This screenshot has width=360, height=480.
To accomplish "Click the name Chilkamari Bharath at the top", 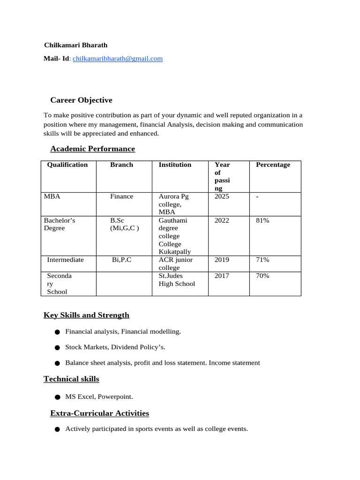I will pyautogui.click(x=75, y=45).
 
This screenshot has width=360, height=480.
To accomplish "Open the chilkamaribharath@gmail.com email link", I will pyautogui.click(x=118, y=59).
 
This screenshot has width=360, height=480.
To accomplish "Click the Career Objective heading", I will pyautogui.click(x=81, y=100).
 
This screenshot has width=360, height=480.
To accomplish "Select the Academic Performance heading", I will pyautogui.click(x=92, y=149).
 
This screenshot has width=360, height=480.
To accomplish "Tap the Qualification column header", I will pyautogui.click(x=67, y=165).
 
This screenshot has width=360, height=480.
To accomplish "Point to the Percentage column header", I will pyautogui.click(x=273, y=165).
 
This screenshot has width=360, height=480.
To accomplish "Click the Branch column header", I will pyautogui.click(x=121, y=165).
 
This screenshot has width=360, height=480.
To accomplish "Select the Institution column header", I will pyautogui.click(x=175, y=165).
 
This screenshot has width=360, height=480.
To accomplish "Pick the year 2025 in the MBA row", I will pyautogui.click(x=222, y=196).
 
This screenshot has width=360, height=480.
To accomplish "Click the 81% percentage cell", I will pyautogui.click(x=262, y=220).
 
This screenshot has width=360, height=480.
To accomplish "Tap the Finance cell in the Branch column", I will pyautogui.click(x=121, y=196).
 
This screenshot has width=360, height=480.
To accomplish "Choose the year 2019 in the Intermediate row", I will pyautogui.click(x=222, y=260).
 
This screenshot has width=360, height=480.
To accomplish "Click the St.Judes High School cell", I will pyautogui.click(x=177, y=280).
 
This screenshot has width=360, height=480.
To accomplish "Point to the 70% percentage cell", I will pyautogui.click(x=262, y=276).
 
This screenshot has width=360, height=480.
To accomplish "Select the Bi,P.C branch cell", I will pyautogui.click(x=122, y=260).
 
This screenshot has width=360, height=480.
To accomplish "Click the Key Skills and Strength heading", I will pyautogui.click(x=86, y=315).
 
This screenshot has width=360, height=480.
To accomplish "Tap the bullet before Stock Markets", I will pyautogui.click(x=57, y=348).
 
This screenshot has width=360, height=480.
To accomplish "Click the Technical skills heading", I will pyautogui.click(x=71, y=379).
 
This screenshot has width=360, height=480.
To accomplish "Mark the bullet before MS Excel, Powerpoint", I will pyautogui.click(x=57, y=397).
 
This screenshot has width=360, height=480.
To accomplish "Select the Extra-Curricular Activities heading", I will pyautogui.click(x=99, y=413).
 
